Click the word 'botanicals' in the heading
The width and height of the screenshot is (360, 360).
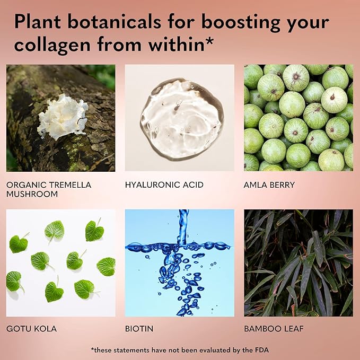coord(115,22)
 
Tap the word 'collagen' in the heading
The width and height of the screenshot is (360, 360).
coord(52,45)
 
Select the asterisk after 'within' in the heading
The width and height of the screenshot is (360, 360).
coord(209,41)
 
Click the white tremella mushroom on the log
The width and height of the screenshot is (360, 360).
coord(63,117)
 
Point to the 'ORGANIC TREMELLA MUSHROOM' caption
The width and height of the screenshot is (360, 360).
coord(49,189)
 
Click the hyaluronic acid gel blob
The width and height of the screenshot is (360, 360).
coord(182,119)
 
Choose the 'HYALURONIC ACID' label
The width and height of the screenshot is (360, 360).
coord(164,185)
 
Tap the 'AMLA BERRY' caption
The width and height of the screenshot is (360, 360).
coord(269,185)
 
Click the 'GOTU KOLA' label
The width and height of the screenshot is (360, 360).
coord(31,329)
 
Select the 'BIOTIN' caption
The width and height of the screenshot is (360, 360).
coord(139,329)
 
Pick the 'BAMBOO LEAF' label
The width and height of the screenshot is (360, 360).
coord(274,329)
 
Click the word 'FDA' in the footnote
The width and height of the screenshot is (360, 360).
coord(262,350)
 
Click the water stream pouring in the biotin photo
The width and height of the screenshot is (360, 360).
coord(183,227)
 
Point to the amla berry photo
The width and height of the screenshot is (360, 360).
coord(298,118)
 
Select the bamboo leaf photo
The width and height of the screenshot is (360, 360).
coord(298,263)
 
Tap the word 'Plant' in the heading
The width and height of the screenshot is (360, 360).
coord(38,22)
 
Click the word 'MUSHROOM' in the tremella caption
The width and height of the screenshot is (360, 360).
coord(32,194)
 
